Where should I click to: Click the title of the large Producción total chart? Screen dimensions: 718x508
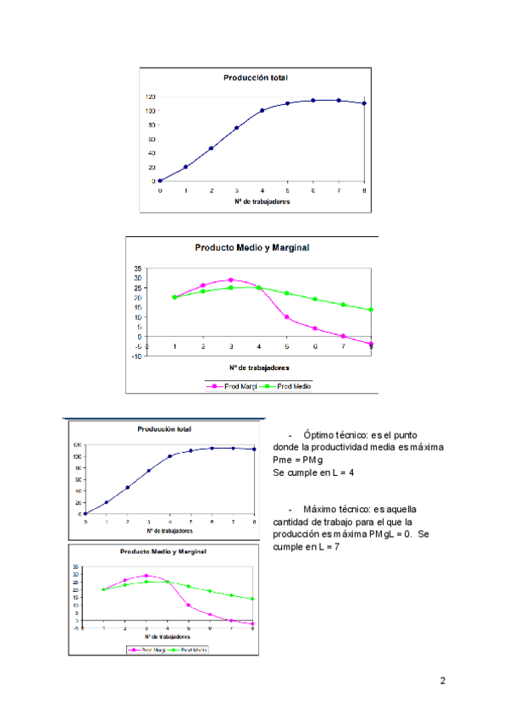pos(255,78)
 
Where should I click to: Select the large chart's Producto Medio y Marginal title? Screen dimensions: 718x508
pos(251,248)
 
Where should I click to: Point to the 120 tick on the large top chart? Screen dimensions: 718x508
pos(150,97)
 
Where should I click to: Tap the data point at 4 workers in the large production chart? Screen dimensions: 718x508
pos(262,110)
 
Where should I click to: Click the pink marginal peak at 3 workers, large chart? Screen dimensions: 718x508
pos(230,279)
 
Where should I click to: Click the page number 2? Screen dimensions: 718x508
pos(442,681)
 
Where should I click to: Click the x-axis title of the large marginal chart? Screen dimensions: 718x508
pos(259,367)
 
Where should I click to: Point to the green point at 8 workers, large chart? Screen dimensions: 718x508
pos(371,310)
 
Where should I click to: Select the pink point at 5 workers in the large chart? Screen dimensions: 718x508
pos(287,318)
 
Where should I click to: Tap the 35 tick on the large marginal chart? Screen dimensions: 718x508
pos(138,268)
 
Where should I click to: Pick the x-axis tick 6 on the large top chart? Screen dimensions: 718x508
pos(312,191)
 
